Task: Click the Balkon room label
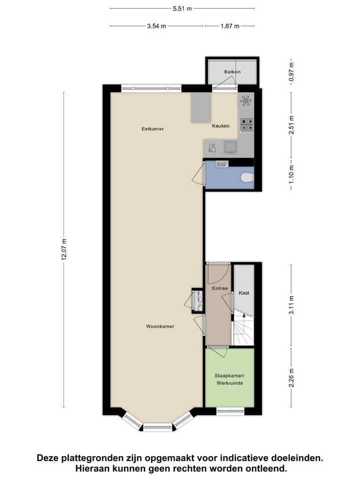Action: [x=232, y=72]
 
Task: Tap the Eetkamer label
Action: [x=152, y=129]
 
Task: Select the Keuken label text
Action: [x=220, y=126]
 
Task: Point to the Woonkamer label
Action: [x=160, y=326]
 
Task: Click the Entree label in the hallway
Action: [x=219, y=288]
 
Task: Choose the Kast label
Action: [x=244, y=292]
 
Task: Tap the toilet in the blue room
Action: [x=246, y=177]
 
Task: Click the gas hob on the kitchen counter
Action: [x=246, y=124]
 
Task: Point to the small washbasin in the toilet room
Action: [x=221, y=163]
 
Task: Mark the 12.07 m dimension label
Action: [x=63, y=248]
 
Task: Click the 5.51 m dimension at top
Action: [x=182, y=8]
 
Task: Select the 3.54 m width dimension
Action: [x=156, y=26]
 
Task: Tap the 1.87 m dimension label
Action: [x=229, y=26]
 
